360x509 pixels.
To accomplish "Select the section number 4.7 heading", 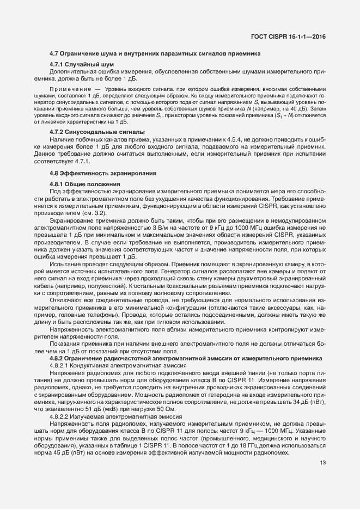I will [x=54, y=53].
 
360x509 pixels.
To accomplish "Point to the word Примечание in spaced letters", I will [x=68, y=88].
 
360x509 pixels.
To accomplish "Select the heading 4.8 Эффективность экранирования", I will [x=103, y=174].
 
